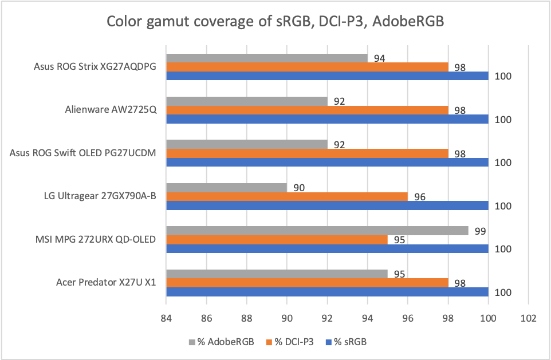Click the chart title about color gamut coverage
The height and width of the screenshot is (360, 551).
point(275,23)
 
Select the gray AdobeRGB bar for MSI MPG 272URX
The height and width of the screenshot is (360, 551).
point(317,231)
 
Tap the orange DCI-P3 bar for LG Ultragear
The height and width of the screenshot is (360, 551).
point(286,196)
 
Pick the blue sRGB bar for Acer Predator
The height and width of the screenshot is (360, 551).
point(326,292)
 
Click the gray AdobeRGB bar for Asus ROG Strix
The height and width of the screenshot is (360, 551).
point(266,58)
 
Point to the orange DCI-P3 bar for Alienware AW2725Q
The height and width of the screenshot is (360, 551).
point(307,110)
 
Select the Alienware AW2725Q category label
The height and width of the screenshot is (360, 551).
point(111,110)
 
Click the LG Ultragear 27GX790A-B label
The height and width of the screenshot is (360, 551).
point(99,196)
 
